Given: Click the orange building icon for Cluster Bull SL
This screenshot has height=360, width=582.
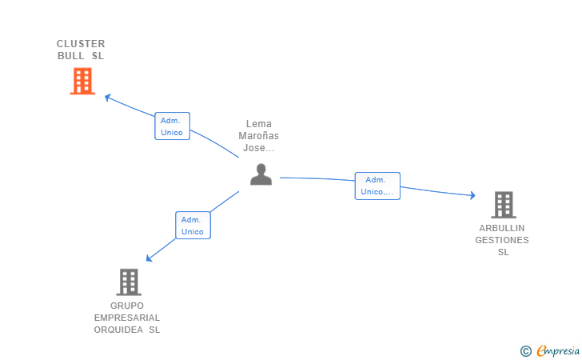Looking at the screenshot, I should tap(82, 81).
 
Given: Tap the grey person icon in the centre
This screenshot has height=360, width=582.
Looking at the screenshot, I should tap(261, 174).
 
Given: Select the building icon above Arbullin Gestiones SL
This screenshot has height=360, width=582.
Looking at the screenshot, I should tap(503, 205).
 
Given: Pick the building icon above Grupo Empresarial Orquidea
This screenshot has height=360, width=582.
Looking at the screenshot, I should tap(128, 282).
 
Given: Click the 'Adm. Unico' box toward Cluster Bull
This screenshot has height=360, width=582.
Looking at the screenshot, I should tap(172, 126).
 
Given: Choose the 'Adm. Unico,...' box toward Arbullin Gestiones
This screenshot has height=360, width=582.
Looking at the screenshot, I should tap(377, 186).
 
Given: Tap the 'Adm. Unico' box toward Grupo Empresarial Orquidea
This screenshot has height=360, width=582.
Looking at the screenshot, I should tap(193, 226).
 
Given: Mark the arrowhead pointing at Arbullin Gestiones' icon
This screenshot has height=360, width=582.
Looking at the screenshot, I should tap(472, 195).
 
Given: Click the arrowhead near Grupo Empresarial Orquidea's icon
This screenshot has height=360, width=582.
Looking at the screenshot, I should tap(149, 258).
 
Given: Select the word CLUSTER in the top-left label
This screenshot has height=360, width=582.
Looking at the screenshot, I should tap(81, 43).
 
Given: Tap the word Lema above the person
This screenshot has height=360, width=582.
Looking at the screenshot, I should tap(259, 124).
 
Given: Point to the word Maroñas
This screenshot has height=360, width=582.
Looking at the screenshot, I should tap(259, 136).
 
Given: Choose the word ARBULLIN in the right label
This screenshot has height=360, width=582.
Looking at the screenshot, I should tap(502, 228).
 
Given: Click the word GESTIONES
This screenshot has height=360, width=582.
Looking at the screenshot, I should tap(502, 240).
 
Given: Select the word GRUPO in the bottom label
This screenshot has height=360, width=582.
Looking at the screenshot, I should tap(127, 306).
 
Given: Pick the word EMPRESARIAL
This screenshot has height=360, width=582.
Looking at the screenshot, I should tap(127, 318).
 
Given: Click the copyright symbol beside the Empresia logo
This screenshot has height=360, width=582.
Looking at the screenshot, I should tap(525, 350).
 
